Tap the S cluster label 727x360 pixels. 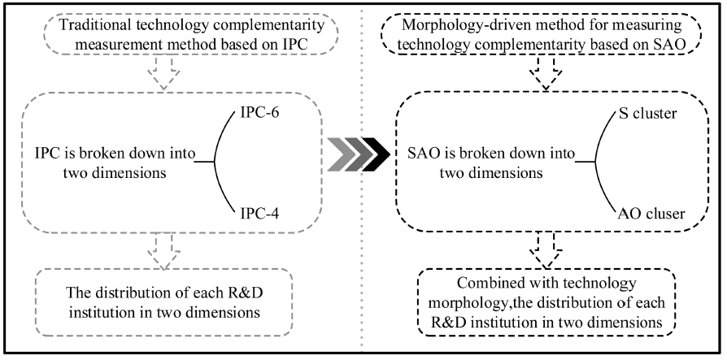[648, 114]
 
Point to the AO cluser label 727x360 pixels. [651, 214]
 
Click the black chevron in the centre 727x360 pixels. [376, 154]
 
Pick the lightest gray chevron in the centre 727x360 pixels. [341, 154]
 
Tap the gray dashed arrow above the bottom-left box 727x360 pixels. [163, 250]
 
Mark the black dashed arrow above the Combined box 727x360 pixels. [545, 250]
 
